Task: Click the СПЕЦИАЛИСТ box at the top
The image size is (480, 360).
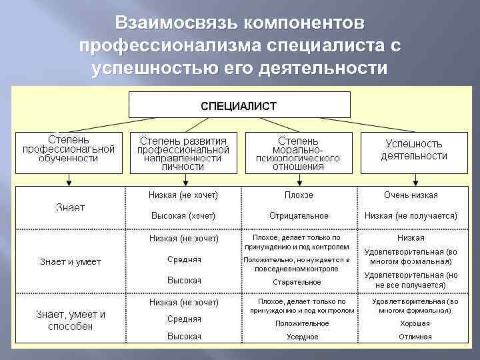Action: coord(239,105)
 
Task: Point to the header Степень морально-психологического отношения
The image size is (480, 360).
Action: coord(298,153)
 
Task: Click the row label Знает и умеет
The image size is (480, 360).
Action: coord(70,262)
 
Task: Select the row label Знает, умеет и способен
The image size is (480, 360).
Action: coord(70,320)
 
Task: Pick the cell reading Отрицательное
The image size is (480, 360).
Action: coord(299,216)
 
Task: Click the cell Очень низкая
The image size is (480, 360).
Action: coord(411,195)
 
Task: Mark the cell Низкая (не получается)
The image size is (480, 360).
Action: coord(411,216)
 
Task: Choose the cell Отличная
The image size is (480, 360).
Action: coord(415,337)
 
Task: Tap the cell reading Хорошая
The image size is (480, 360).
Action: coord(415,323)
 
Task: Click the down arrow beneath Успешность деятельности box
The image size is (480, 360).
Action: coord(415,179)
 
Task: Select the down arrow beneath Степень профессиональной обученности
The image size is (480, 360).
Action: coord(69,179)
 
